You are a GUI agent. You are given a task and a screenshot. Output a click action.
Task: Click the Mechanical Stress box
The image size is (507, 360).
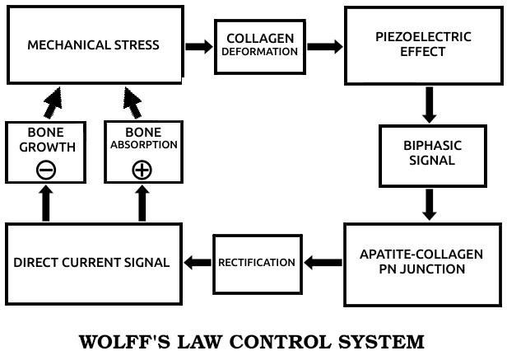coord(93,44)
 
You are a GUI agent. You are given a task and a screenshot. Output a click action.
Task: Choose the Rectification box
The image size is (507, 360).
coord(256,263)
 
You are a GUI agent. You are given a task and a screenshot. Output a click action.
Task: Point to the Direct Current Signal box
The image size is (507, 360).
coord(91,263)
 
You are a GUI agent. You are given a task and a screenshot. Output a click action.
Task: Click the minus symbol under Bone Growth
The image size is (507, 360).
coord(45,170)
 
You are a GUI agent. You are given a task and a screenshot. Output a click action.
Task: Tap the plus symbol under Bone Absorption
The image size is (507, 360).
coord(142,170)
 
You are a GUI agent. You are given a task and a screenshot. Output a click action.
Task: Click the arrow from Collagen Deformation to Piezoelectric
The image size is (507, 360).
coord(324,46)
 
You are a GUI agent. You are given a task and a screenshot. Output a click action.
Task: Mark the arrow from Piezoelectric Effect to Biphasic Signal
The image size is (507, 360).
coord(428,104)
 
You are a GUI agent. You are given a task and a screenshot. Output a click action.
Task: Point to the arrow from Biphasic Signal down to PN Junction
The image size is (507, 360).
coord(428,204)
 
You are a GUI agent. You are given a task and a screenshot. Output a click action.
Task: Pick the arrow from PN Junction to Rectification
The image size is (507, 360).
coord(323,263)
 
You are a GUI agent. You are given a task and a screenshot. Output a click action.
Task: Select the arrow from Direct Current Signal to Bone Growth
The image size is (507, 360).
coord(45,203)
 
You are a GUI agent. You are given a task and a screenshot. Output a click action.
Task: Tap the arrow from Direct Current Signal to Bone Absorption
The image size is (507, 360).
coord(142,203)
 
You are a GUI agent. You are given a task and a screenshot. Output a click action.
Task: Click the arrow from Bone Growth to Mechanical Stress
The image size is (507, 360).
coord(53,102)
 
